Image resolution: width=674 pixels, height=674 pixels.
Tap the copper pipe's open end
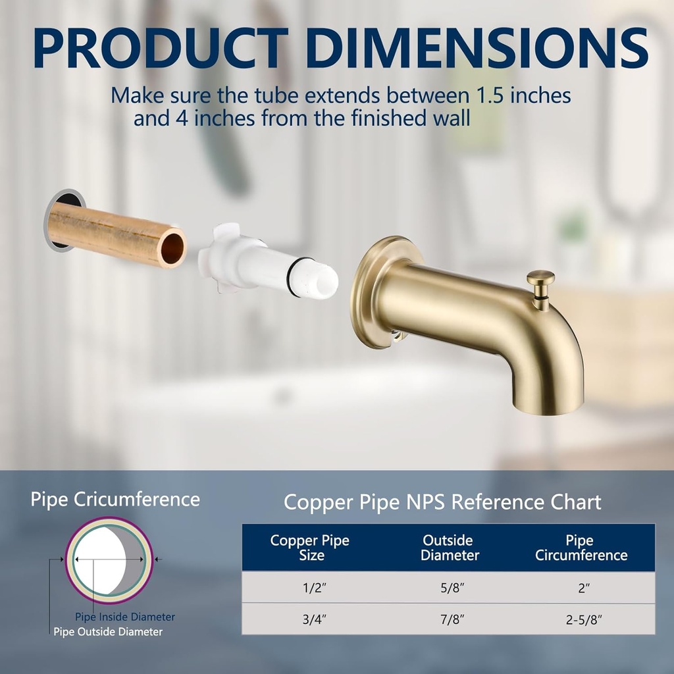[x=172, y=246]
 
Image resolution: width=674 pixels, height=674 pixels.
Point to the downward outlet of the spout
[x=557, y=405]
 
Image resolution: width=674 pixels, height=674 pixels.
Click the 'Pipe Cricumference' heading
[x=115, y=499]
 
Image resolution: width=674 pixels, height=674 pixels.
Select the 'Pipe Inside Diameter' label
[x=125, y=617]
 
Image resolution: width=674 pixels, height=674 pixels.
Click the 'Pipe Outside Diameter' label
[x=108, y=632]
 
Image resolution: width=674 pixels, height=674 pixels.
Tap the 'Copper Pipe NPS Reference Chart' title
[x=442, y=502]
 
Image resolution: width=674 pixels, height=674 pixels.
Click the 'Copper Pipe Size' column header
[x=310, y=548]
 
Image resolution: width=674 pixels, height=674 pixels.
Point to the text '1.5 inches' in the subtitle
[x=523, y=94]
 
